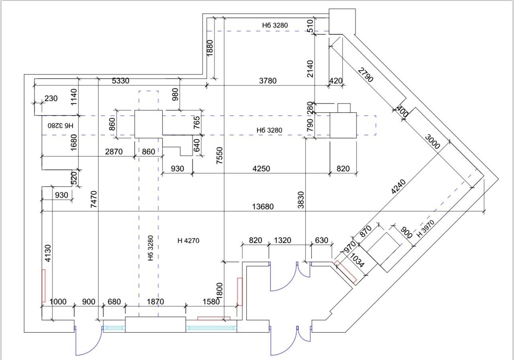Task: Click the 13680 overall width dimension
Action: point(263,207)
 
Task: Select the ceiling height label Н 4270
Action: point(188,241)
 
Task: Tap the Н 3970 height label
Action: point(426,229)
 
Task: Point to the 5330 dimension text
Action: point(120,81)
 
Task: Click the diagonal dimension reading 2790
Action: point(365,75)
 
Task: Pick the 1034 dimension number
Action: point(357,260)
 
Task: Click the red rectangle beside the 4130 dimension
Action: point(43,286)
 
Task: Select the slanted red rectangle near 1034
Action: point(345,272)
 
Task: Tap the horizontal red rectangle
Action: point(214,318)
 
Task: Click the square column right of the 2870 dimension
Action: point(148,124)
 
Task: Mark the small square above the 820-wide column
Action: point(344,108)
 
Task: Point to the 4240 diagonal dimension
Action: point(398,187)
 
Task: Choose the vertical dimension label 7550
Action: point(220,155)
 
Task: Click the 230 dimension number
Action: point(51,98)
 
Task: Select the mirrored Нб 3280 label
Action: point(61,126)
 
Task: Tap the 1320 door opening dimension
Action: point(283,240)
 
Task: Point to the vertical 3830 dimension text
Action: point(301,200)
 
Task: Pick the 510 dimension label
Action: point(310,25)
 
